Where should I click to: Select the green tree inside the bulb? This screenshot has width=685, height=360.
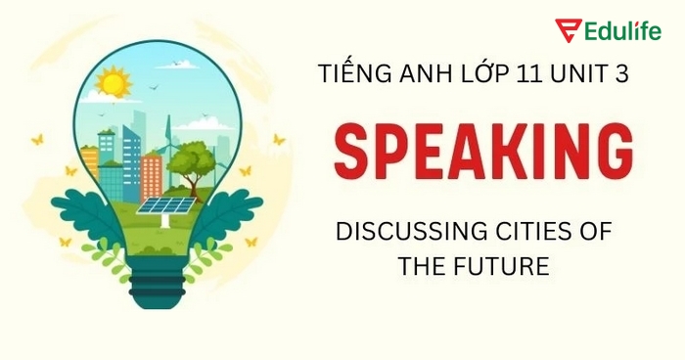[192, 160]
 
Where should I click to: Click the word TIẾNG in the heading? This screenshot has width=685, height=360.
[350, 73]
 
